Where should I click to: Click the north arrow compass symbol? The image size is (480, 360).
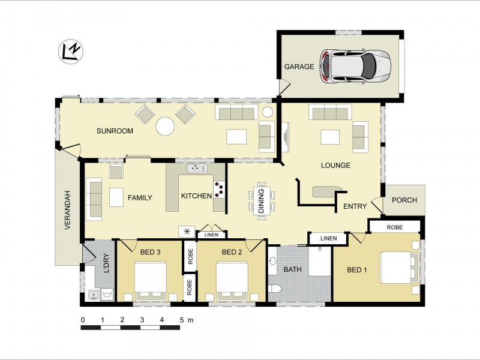(71, 52)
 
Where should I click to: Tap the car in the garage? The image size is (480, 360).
(355, 67)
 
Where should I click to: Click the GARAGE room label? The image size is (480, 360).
(299, 67)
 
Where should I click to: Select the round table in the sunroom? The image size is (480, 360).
(165, 126)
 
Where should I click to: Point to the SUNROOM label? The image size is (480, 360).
(115, 131)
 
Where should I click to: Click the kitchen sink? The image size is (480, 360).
(197, 169)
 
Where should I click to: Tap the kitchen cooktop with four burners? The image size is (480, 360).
(219, 190)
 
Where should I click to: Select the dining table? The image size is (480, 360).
(262, 201)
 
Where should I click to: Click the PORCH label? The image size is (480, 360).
(404, 200)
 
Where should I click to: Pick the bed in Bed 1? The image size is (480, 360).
(400, 267)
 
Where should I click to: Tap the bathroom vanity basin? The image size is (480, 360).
(272, 261)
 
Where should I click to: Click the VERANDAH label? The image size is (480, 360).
(68, 211)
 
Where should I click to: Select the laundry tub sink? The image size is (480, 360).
(94, 295)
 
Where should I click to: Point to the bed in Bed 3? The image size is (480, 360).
(151, 281)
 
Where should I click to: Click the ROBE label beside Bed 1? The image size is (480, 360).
(395, 227)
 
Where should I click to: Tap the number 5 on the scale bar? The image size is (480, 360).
(182, 320)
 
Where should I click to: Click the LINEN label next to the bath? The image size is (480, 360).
(329, 238)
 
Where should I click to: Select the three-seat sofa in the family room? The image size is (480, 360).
(94, 199)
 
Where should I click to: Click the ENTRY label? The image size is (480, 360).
(355, 206)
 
